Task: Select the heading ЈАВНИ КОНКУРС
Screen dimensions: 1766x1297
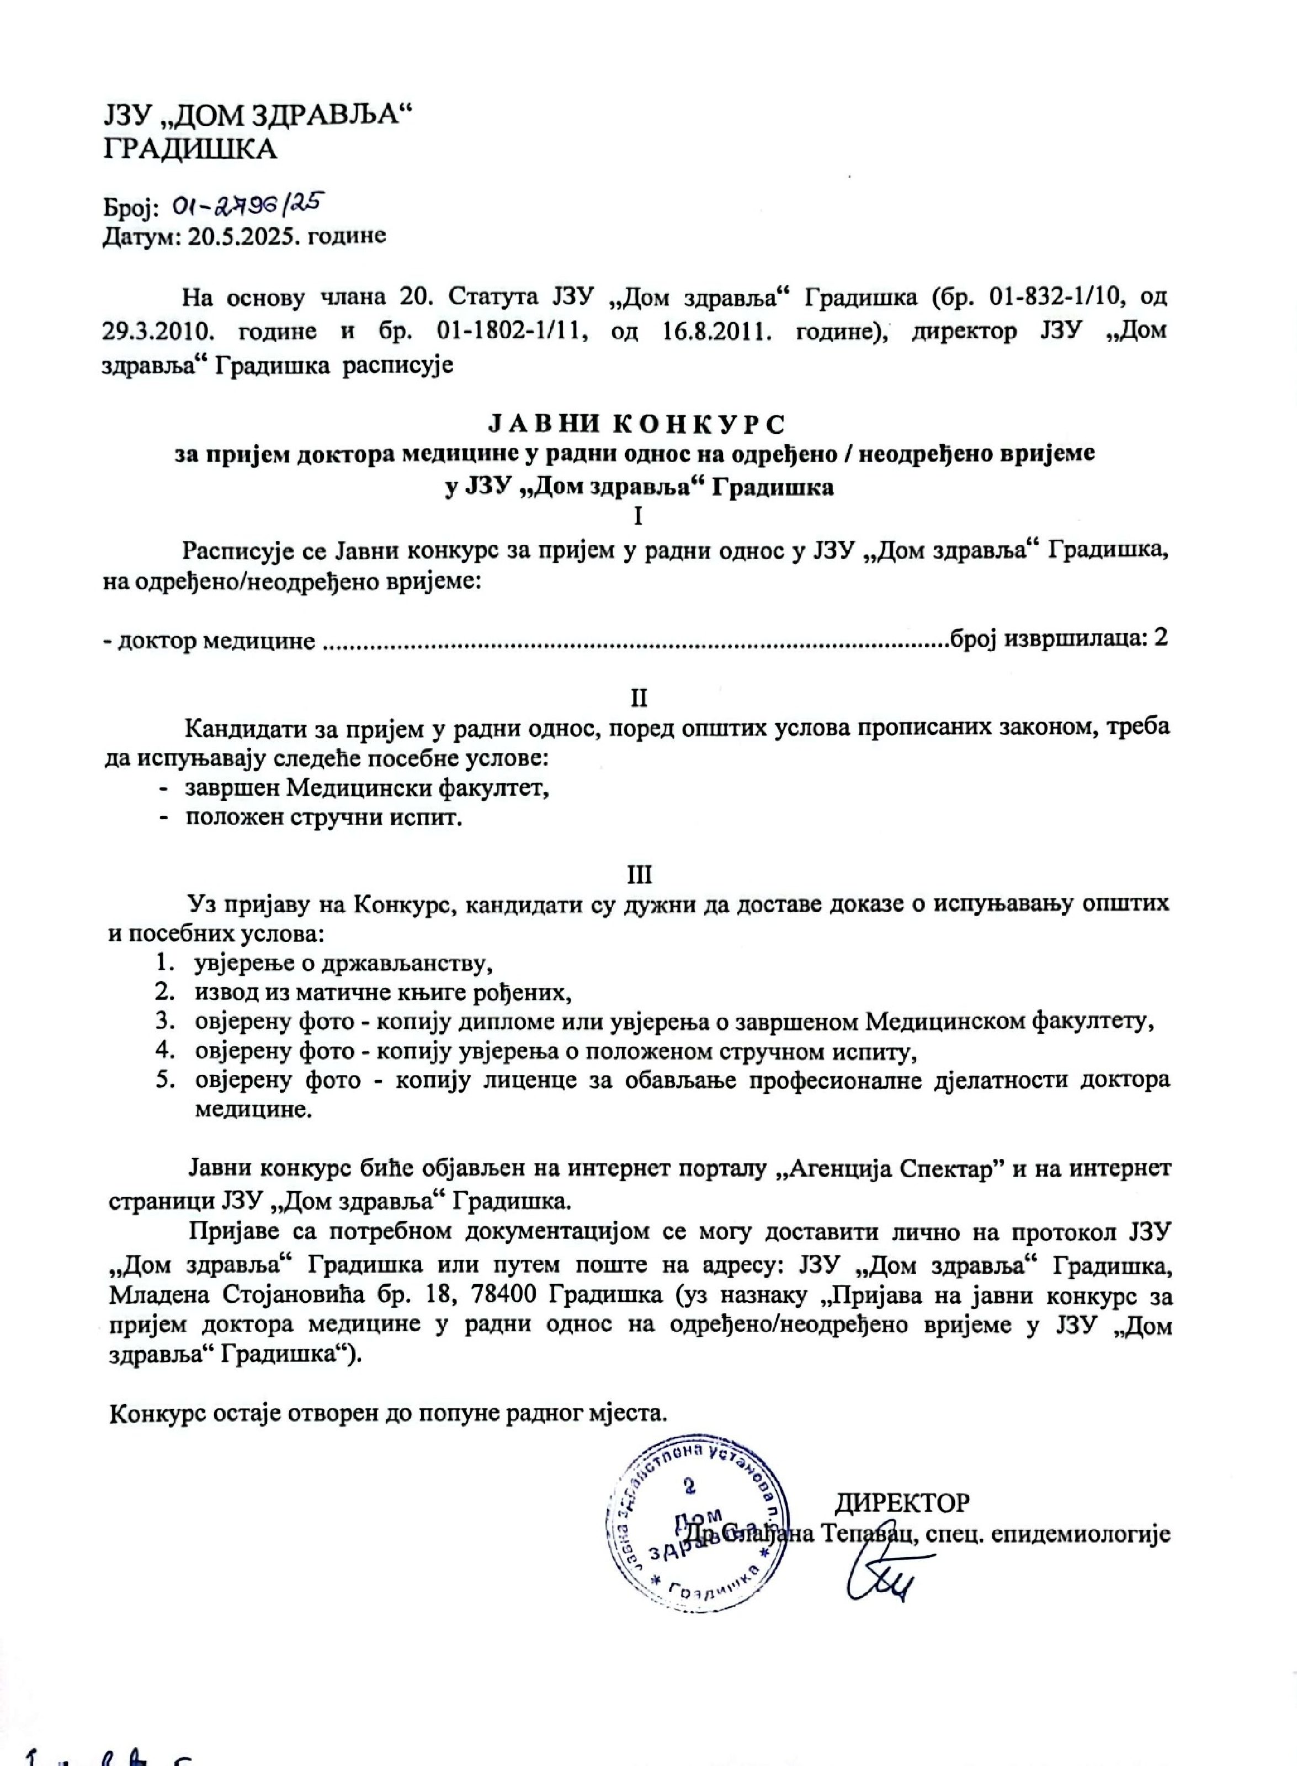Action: pos(637,424)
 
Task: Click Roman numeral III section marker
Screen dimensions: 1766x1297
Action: pos(639,874)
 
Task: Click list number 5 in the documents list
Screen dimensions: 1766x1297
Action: pos(164,1080)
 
